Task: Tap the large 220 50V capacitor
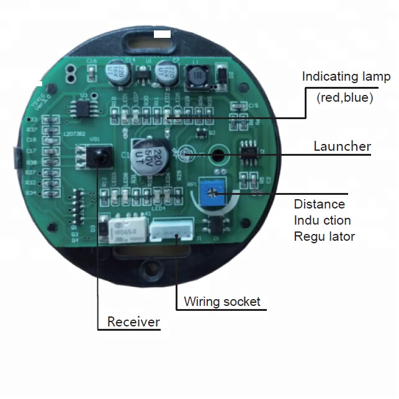pos(151,154)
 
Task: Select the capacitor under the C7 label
pos(167,71)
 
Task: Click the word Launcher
pos(342,146)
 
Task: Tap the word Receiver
pos(133,322)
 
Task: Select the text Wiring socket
pos(222,302)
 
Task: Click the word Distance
pos(319,204)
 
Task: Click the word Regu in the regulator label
pos(307,236)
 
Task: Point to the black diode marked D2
pos(221,75)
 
